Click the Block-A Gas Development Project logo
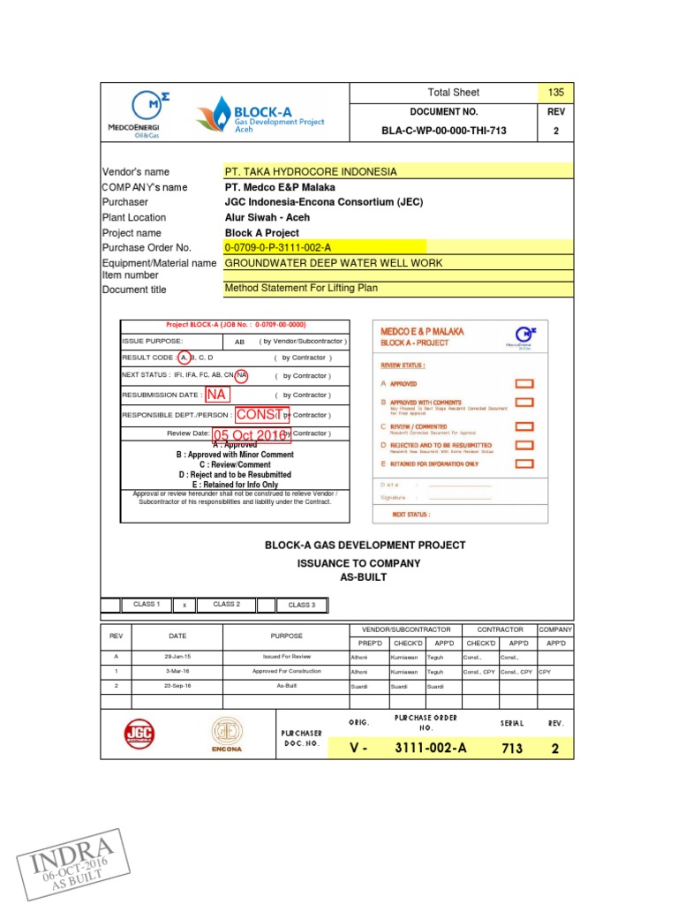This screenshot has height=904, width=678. (x=260, y=116)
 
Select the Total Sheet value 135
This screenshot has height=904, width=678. (x=555, y=93)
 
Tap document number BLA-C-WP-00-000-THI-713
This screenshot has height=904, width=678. (x=444, y=132)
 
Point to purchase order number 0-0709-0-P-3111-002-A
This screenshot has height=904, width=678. (x=278, y=247)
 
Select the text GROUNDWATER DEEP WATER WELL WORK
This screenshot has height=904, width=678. (x=334, y=263)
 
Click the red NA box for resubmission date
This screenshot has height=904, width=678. (x=216, y=395)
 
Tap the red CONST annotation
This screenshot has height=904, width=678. (x=261, y=414)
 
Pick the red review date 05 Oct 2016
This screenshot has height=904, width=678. (x=251, y=434)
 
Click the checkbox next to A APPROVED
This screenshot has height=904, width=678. (x=524, y=384)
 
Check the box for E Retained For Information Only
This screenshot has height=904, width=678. (x=524, y=463)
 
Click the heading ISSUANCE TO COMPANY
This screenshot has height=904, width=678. (x=358, y=563)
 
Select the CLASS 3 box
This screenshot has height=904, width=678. (x=300, y=605)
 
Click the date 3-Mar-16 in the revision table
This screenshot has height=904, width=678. (x=177, y=671)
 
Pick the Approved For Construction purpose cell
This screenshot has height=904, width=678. (x=286, y=671)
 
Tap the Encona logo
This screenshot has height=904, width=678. (x=226, y=736)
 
